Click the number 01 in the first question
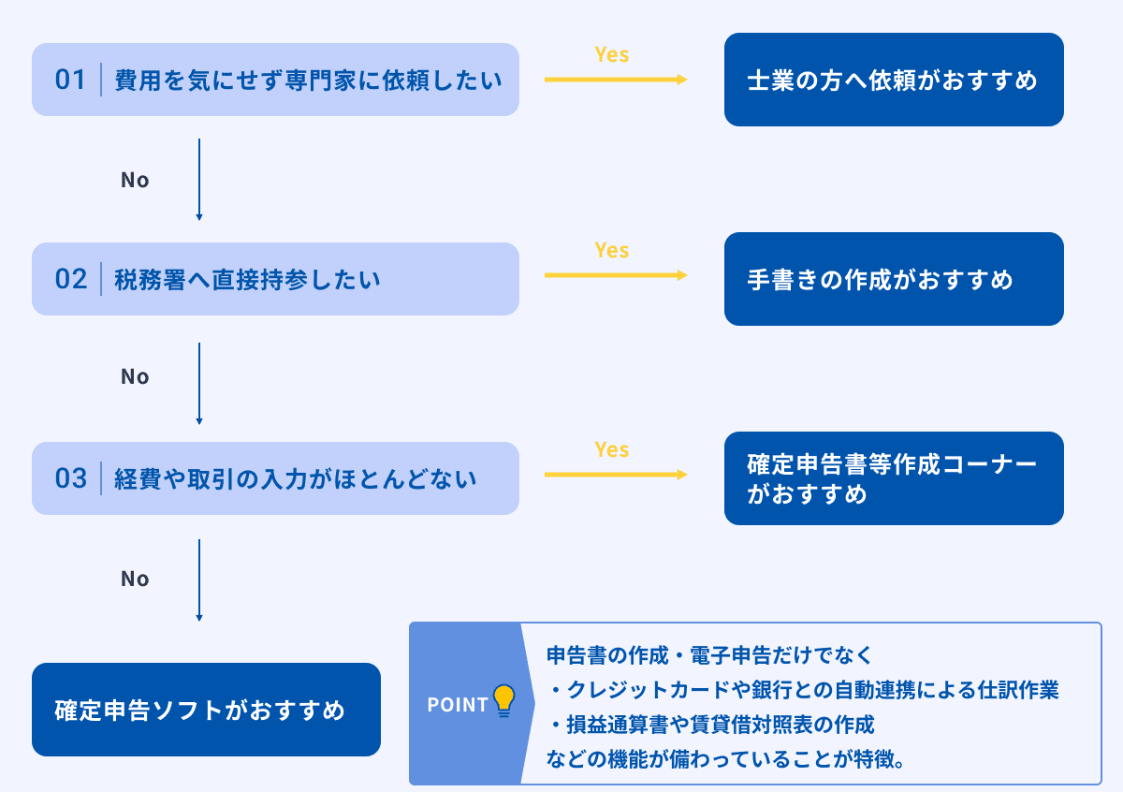(x=70, y=80)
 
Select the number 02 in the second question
(x=70, y=279)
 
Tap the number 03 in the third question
(x=70, y=478)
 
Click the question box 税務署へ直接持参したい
(x=275, y=279)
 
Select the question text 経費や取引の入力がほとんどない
(x=296, y=479)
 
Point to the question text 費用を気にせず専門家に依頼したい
(x=308, y=81)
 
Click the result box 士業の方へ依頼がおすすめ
(x=894, y=80)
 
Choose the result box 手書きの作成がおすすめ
(x=894, y=279)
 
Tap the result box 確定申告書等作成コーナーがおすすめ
(x=894, y=478)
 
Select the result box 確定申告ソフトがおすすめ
(x=206, y=710)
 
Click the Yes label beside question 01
(x=612, y=54)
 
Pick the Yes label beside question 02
(x=612, y=250)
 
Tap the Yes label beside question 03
(x=612, y=449)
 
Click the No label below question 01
(x=135, y=180)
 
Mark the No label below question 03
(x=135, y=579)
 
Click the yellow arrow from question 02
(x=616, y=275)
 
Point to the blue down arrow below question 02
(x=199, y=384)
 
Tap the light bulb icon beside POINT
(x=504, y=700)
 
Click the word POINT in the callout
(x=458, y=705)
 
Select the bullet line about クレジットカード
(x=805, y=690)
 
